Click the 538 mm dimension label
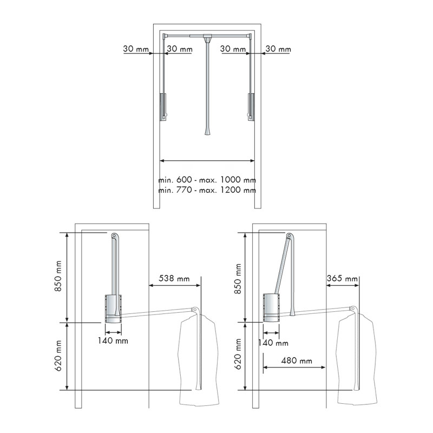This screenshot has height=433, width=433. pyautogui.click(x=174, y=278)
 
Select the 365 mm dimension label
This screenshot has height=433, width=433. pyautogui.click(x=342, y=278)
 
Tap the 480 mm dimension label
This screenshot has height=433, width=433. pyautogui.click(x=297, y=360)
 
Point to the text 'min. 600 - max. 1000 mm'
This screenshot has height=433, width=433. pyautogui.click(x=207, y=180)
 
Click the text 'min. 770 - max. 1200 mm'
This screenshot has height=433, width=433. pyautogui.click(x=207, y=190)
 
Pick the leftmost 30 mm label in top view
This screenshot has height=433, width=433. pyautogui.click(x=136, y=49)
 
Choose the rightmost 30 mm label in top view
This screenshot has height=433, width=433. pyautogui.click(x=278, y=49)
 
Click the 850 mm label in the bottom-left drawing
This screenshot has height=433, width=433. pyautogui.click(x=58, y=276)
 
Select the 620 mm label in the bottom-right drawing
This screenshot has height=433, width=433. pyautogui.click(x=238, y=355)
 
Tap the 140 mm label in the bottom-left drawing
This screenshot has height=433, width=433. pyautogui.click(x=113, y=341)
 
